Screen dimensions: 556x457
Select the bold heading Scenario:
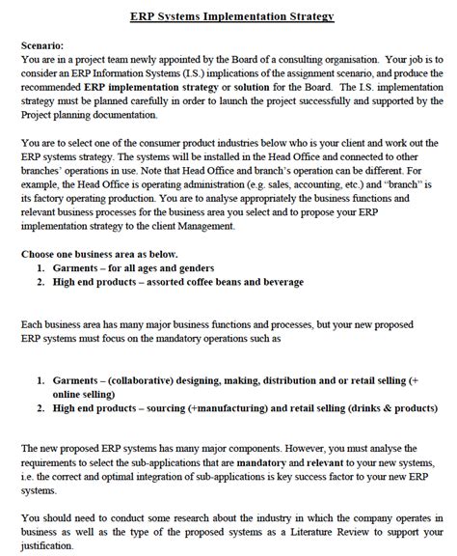[42, 45]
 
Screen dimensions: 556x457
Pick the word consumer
[161, 141]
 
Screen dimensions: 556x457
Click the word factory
[49, 196]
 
